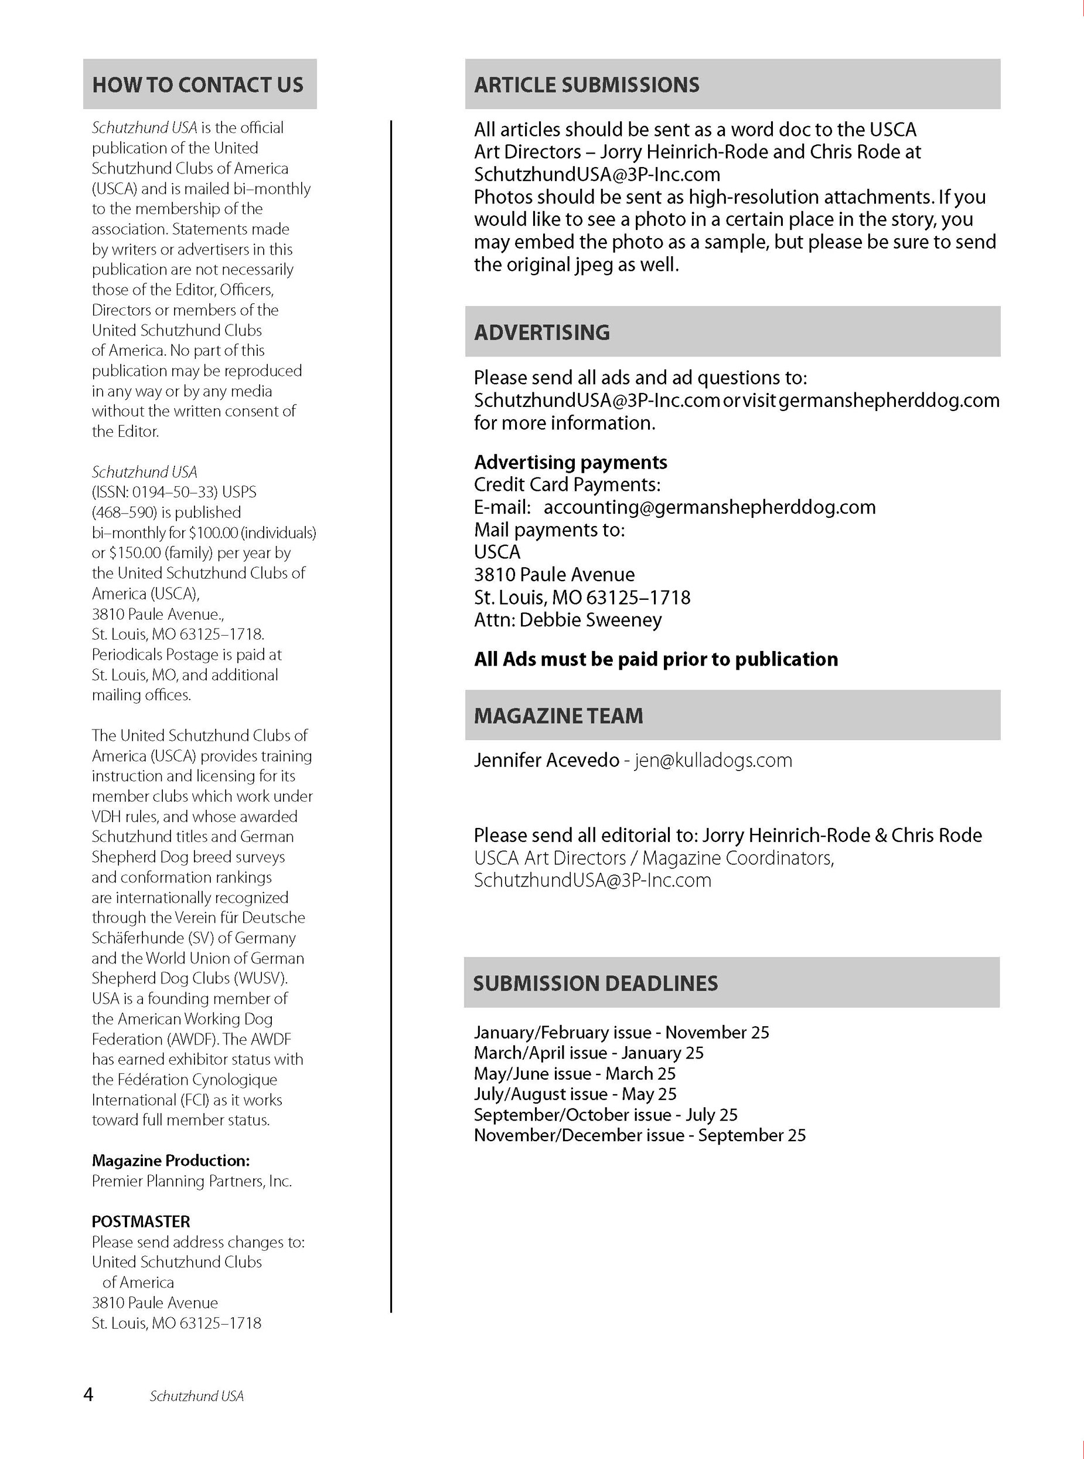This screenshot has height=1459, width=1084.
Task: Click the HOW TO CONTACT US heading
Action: click(197, 84)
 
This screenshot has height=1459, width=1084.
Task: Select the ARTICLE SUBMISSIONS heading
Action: click(587, 84)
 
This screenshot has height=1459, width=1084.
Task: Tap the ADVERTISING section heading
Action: click(542, 332)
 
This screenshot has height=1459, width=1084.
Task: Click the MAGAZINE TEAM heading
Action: click(558, 715)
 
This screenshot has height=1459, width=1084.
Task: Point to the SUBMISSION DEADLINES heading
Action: click(595, 983)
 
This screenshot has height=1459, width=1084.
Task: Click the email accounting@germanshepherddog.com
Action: click(710, 507)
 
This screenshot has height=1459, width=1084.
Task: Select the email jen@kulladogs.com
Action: click(713, 761)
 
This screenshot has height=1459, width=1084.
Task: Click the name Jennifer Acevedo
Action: click(547, 761)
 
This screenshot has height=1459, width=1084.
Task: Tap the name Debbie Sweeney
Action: click(591, 620)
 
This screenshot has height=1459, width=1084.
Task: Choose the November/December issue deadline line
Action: click(640, 1135)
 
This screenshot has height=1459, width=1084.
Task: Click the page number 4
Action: click(88, 1394)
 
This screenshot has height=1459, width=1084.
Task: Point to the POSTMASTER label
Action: click(141, 1222)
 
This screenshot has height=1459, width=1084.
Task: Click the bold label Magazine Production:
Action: click(171, 1161)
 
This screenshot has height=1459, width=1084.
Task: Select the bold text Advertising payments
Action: click(570, 462)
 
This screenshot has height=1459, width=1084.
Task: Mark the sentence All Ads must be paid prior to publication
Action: click(656, 659)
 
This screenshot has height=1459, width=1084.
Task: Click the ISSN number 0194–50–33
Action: click(176, 492)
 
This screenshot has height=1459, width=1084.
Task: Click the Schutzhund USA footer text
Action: click(197, 1397)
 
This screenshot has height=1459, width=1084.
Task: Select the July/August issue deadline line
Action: click(575, 1094)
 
